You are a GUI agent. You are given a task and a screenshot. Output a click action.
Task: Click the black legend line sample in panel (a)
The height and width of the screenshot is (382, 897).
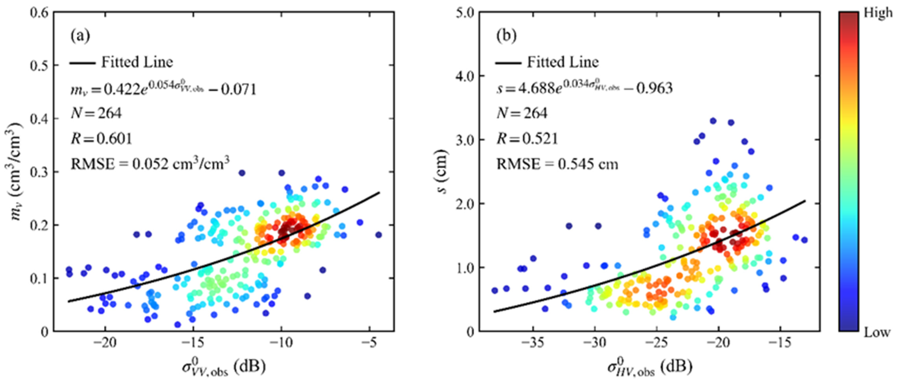(83, 63)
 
